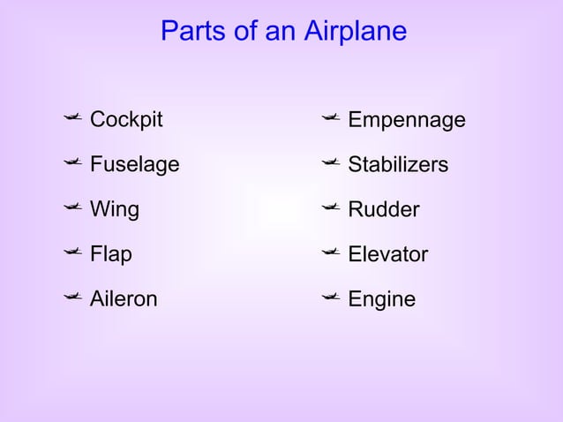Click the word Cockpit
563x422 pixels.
pyautogui.click(x=126, y=119)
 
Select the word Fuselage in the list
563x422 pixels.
pyautogui.click(x=134, y=164)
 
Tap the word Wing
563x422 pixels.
pyautogui.click(x=115, y=209)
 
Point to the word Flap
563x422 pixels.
pyautogui.click(x=111, y=255)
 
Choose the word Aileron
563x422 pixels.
pyautogui.click(x=124, y=299)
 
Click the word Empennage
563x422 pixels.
pyautogui.click(x=406, y=120)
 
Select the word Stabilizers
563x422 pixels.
pyautogui.click(x=398, y=164)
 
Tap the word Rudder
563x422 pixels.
pyautogui.click(x=384, y=209)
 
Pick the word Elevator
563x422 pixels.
pyautogui.click(x=387, y=254)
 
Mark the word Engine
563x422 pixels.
pyautogui.click(x=381, y=299)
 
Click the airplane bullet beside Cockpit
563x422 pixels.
pyautogui.click(x=72, y=117)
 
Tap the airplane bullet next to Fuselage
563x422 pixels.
pyautogui.click(x=72, y=162)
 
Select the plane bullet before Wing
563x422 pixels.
pyautogui.click(x=72, y=207)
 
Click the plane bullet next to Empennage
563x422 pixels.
pyautogui.click(x=331, y=117)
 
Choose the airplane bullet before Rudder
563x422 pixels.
pyautogui.click(x=331, y=207)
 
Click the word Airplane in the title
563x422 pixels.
pyautogui.click(x=355, y=32)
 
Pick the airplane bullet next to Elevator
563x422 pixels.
pyautogui.click(x=331, y=252)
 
